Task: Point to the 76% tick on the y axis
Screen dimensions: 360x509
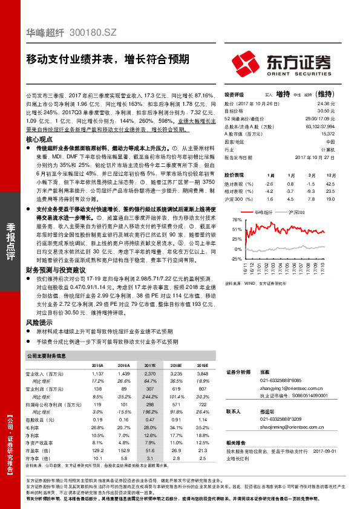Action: click(231, 219)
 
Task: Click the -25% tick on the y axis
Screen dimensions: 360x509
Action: click(229, 258)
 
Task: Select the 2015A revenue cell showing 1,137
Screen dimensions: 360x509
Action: click(97, 375)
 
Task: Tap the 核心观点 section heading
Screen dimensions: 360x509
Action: click(39, 139)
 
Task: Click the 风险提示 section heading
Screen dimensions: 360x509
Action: click(39, 324)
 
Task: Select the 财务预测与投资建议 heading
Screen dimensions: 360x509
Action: click(56, 269)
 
